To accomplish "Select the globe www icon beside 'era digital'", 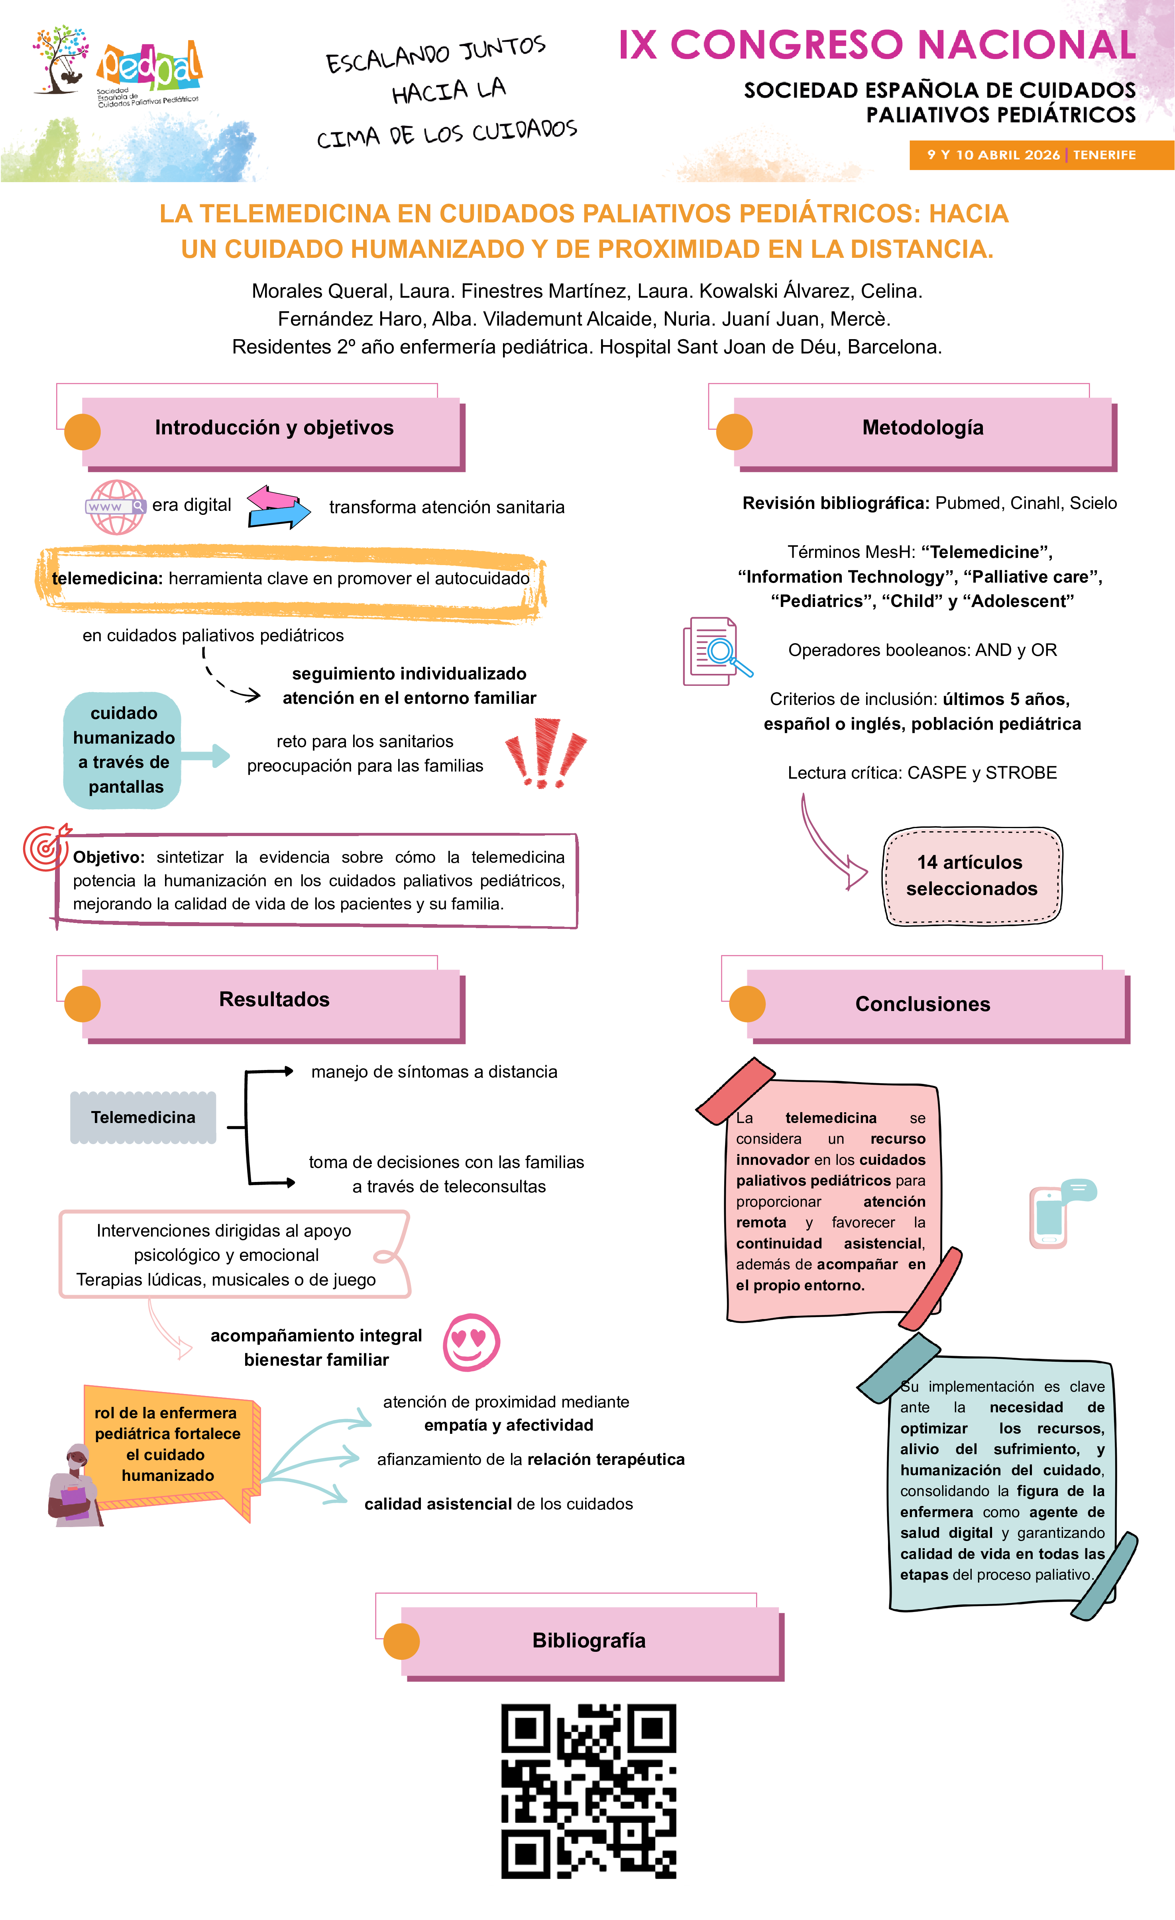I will point(115,507).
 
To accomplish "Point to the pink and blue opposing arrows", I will point(277,507).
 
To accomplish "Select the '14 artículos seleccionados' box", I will point(972,876).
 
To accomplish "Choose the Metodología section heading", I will point(923,428).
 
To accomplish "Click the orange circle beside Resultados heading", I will point(83,1003).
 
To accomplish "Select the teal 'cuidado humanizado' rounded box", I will point(123,750).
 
